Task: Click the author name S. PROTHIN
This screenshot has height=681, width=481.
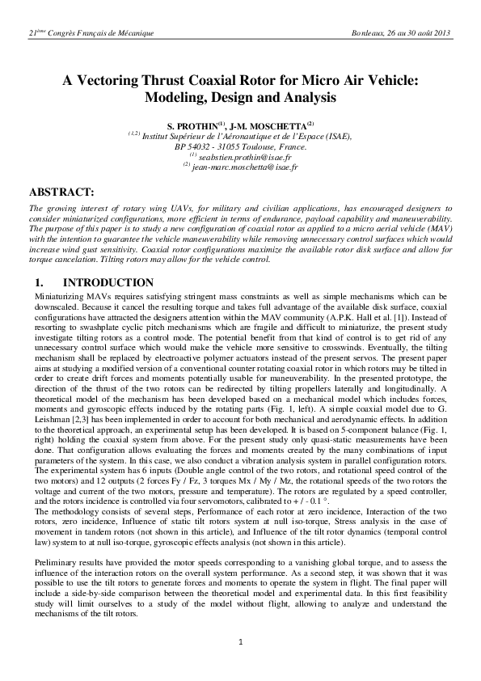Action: point(192,127)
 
